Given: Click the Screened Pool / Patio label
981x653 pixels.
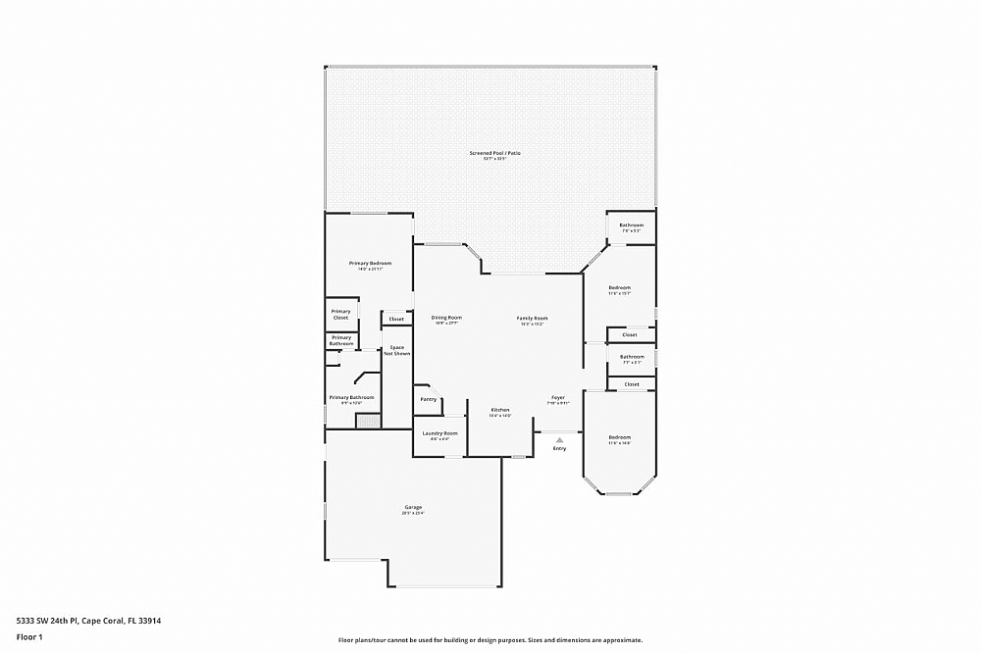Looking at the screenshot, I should [494, 154].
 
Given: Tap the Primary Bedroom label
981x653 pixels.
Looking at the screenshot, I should [370, 264].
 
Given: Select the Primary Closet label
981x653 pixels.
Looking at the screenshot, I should [340, 315].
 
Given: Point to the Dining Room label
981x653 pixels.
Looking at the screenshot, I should [446, 318].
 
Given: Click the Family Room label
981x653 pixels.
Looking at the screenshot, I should [533, 319].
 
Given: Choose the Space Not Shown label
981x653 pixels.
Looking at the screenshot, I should [397, 350].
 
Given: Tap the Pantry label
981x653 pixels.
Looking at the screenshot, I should [429, 399].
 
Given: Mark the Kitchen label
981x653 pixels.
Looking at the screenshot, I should [500, 410].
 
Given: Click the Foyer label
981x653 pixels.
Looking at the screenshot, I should [557, 398].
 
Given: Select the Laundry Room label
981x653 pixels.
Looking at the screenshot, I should [439, 433].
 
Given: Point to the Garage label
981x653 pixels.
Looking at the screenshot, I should [412, 507].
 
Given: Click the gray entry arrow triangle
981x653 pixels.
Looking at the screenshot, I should [559, 439].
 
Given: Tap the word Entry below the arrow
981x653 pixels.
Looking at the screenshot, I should [559, 449].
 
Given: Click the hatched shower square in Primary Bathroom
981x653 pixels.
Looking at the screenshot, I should [367, 421].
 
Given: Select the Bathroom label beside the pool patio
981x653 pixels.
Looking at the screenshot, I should [631, 226].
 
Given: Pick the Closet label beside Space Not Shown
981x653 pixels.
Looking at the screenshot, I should [396, 319].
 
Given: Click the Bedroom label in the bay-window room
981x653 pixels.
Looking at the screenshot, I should [619, 437].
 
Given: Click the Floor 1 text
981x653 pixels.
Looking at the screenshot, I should [30, 637].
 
